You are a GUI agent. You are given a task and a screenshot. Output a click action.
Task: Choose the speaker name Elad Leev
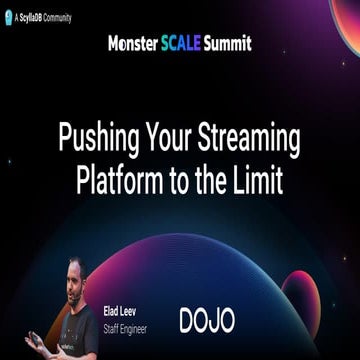coord(120,311)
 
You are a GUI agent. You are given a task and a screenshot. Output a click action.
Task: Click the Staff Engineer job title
coord(126,325)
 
